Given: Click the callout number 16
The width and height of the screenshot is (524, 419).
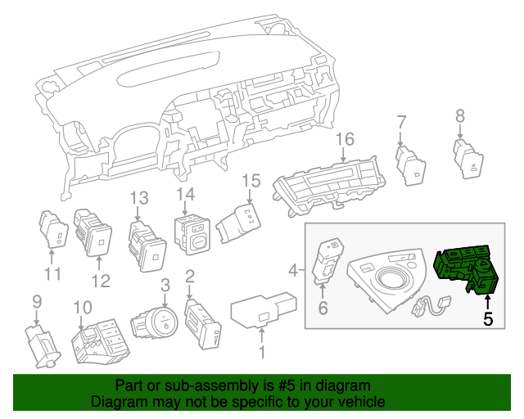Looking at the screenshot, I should (344, 138).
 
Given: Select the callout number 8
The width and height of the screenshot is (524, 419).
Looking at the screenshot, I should (459, 116).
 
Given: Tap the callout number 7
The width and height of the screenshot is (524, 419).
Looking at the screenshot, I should (401, 122).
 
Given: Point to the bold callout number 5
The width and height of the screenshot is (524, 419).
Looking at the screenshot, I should (488, 320).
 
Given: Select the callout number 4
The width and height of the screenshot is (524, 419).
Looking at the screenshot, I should (294, 269).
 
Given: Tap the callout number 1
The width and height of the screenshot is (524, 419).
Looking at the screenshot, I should (262, 353).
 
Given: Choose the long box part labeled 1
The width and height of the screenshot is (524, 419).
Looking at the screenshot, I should (263, 311).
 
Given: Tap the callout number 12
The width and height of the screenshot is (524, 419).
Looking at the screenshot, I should (99, 283).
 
